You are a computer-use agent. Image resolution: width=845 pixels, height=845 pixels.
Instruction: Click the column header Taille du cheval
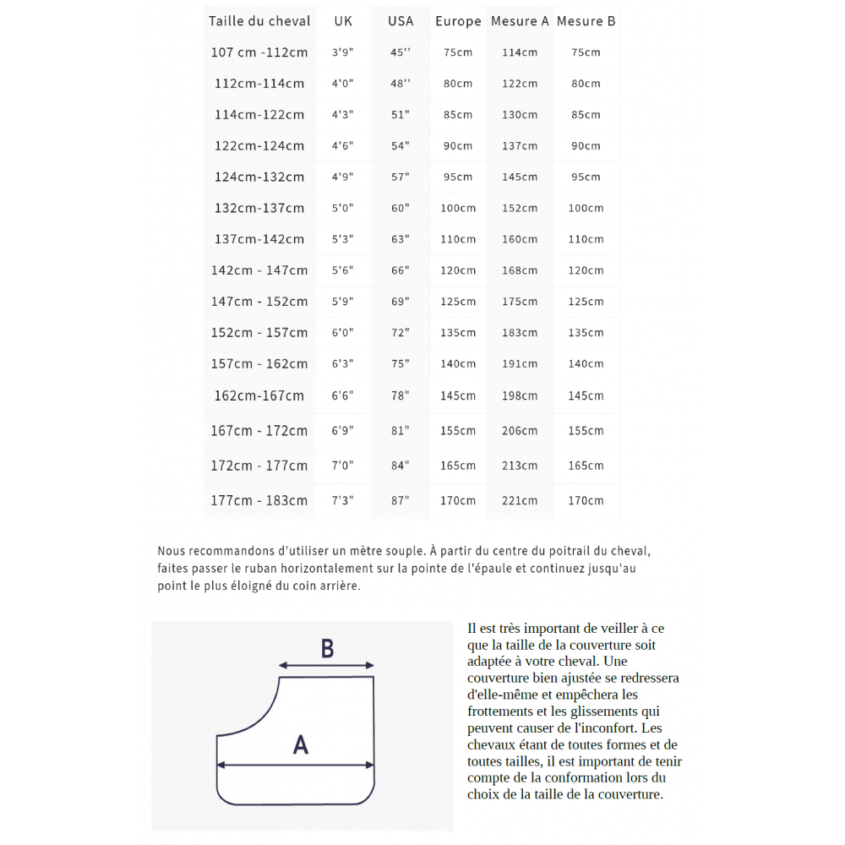tap(259, 21)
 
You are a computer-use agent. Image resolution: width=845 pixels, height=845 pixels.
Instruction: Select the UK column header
tap(343, 21)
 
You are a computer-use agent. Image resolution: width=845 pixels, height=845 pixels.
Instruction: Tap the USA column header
tap(401, 21)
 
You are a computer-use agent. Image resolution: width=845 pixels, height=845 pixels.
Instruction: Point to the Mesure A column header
tap(520, 21)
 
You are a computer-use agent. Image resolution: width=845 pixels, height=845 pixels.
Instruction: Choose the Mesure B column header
tap(586, 21)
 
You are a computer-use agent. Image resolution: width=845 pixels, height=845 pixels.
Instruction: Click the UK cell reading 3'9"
tap(343, 52)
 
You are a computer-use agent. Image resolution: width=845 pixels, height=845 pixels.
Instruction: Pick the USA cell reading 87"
tap(401, 500)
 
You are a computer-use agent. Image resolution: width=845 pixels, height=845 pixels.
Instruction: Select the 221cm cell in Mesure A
tap(520, 500)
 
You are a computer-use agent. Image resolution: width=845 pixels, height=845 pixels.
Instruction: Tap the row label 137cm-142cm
tap(259, 239)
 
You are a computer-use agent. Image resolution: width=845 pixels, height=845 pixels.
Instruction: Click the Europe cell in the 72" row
tap(458, 333)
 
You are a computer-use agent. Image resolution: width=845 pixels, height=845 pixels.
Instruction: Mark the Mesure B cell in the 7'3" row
tap(586, 500)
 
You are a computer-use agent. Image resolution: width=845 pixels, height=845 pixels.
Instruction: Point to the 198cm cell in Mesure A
tap(520, 395)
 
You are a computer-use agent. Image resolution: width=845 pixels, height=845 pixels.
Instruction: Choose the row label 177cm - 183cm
tap(259, 500)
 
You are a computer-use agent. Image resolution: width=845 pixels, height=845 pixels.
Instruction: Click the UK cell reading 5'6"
tap(343, 270)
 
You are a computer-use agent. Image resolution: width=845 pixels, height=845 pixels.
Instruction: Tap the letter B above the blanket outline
tap(327, 649)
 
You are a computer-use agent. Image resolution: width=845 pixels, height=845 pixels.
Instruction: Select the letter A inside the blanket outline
tap(300, 744)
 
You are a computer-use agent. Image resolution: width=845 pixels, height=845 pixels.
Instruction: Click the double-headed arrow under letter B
tap(326, 666)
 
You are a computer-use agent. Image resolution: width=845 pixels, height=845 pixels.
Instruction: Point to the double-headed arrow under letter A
tap(295, 766)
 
